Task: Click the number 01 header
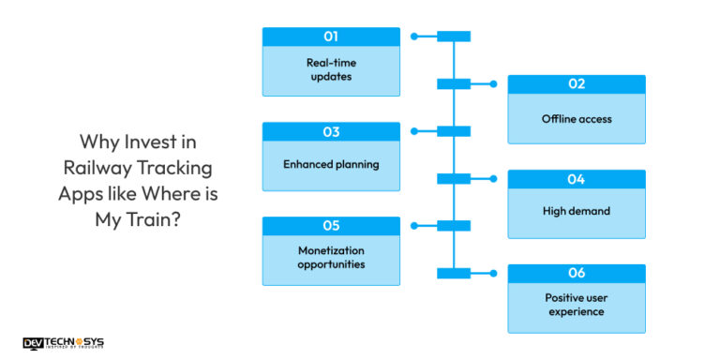pos(331,37)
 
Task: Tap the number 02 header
pos(577,83)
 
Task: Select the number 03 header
pos(331,131)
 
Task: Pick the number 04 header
pos(577,178)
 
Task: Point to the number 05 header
pos(331,226)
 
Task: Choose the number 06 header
pos(577,273)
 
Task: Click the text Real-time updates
pos(331,69)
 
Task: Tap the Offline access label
pos(577,118)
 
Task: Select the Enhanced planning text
pos(331,164)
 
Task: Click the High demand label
pos(577,212)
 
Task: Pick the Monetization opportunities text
pos(331,258)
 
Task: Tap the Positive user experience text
pos(577,306)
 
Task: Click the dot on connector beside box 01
pos(413,37)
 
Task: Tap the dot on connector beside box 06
pos(496,273)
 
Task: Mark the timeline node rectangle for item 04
pos(454,178)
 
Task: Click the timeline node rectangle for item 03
pos(454,131)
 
